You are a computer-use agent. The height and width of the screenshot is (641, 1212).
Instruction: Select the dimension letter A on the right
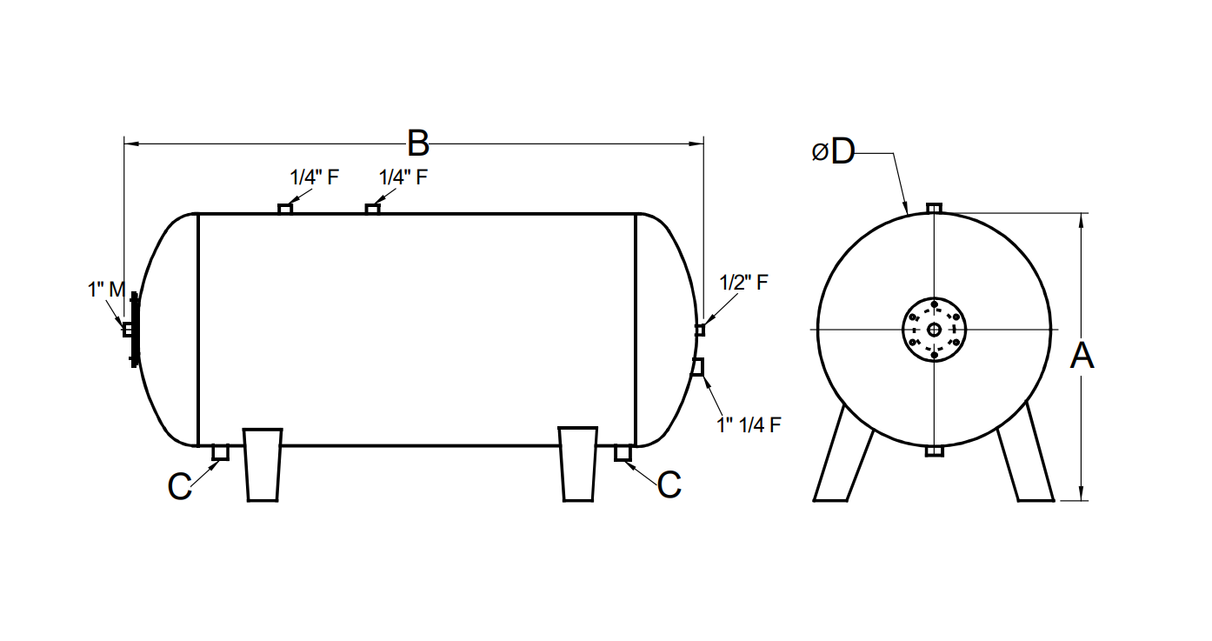pyautogui.click(x=1081, y=356)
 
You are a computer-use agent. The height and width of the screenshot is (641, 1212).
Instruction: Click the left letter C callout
pyautogui.click(x=179, y=486)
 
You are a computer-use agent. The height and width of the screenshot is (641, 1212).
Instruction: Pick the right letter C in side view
pyautogui.click(x=669, y=485)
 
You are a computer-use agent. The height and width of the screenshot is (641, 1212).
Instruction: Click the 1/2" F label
pyautogui.click(x=743, y=283)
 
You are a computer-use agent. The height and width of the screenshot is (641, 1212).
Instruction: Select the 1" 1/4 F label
pyautogui.click(x=749, y=424)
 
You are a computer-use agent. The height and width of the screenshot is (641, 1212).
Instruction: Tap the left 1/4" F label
pyautogui.click(x=314, y=177)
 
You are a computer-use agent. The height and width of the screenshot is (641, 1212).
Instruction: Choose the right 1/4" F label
pyautogui.click(x=403, y=177)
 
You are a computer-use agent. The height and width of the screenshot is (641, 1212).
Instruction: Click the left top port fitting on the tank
pyautogui.click(x=285, y=208)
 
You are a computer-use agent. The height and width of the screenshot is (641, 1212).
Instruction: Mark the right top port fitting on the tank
pyautogui.click(x=373, y=208)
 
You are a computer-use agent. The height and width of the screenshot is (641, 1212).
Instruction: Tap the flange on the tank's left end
pyautogui.click(x=134, y=330)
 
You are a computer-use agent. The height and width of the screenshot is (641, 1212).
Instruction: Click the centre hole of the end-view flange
pyautogui.click(x=934, y=330)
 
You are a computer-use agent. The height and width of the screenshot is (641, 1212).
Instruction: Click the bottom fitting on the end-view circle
pyautogui.click(x=934, y=451)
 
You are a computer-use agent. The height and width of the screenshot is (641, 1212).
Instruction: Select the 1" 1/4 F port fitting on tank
pyautogui.click(x=697, y=367)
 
